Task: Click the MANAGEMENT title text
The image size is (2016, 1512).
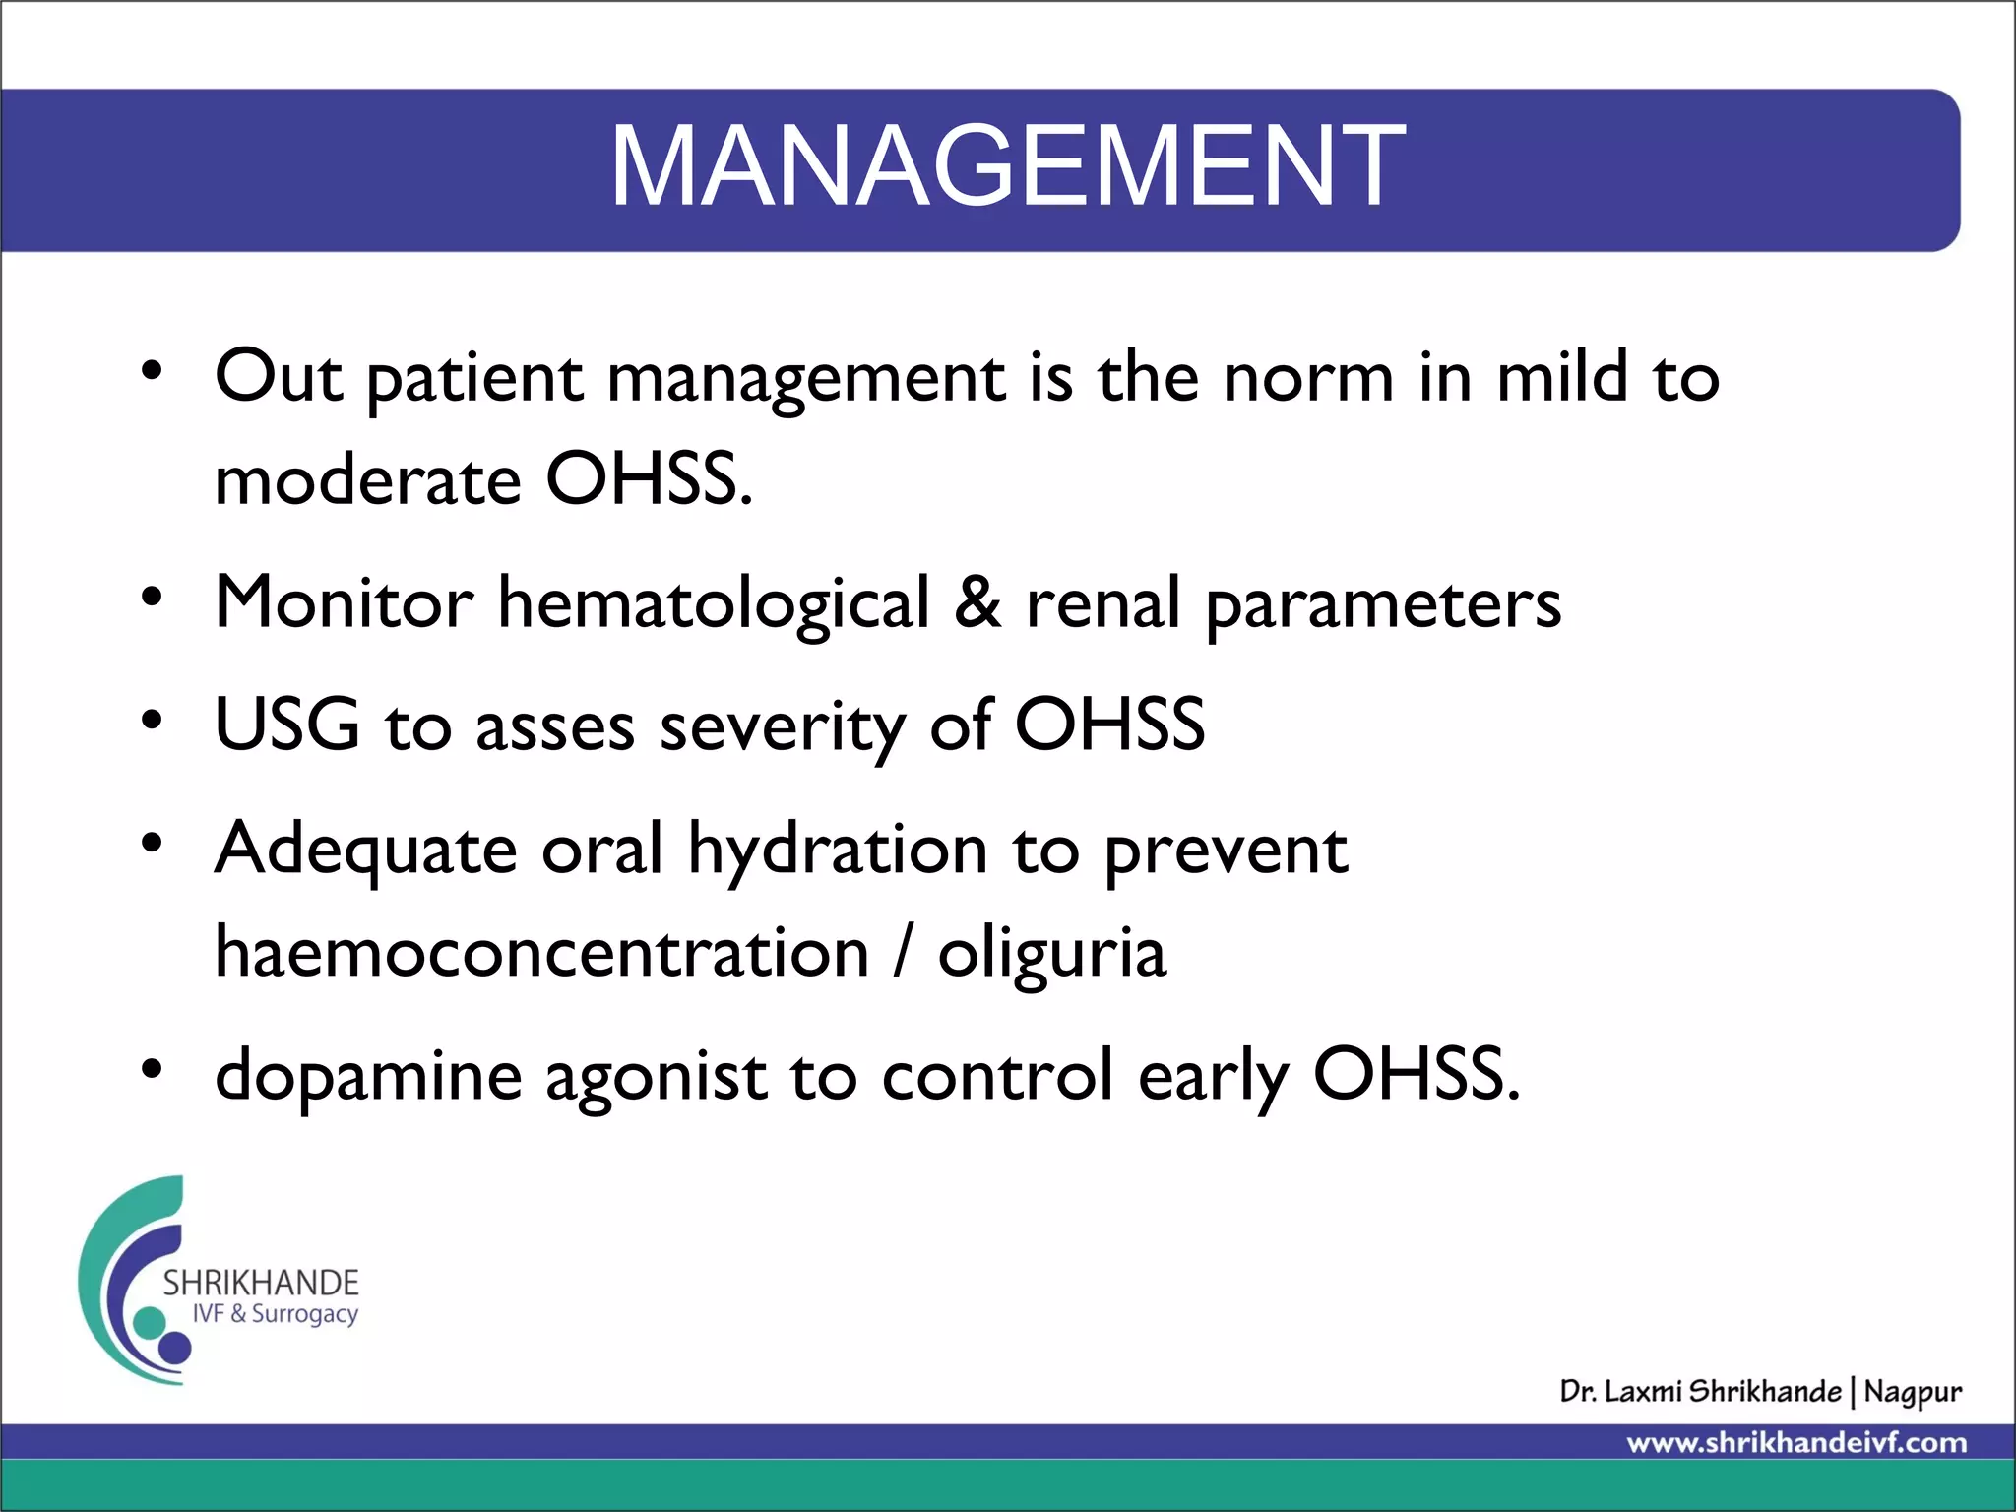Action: point(1007,165)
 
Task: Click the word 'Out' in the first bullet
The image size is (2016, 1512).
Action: point(279,377)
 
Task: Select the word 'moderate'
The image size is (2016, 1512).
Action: point(367,480)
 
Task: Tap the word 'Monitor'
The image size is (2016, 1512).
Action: point(344,602)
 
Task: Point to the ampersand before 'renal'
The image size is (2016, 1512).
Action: point(976,602)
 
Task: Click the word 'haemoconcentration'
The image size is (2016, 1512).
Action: point(541,953)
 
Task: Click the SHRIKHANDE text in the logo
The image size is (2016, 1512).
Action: point(261,1283)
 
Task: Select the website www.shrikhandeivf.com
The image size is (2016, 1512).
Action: point(1796,1443)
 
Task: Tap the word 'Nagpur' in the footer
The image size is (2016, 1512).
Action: point(1912,1393)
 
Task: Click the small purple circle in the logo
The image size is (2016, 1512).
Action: point(175,1347)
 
